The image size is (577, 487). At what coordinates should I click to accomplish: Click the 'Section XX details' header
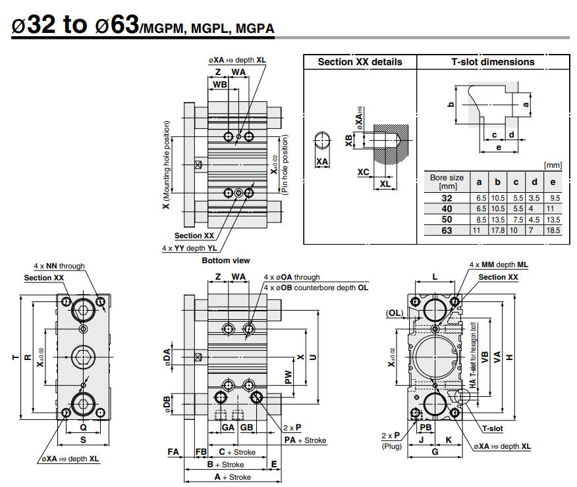pyautogui.click(x=360, y=62)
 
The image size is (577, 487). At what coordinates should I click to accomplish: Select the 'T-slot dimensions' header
pyautogui.click(x=493, y=62)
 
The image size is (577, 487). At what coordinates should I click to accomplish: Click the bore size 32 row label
pyautogui.click(x=447, y=197)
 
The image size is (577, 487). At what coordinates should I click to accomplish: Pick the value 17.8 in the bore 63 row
pyautogui.click(x=498, y=230)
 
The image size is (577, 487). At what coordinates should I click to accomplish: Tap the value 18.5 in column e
pyautogui.click(x=553, y=230)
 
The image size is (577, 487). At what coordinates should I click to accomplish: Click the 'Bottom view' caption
pyautogui.click(x=226, y=261)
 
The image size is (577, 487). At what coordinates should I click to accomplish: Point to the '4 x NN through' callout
pyautogui.click(x=59, y=267)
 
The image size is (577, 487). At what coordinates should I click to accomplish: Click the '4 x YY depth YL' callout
pyautogui.click(x=190, y=248)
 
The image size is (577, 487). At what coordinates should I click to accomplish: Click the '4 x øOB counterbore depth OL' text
pyautogui.click(x=316, y=288)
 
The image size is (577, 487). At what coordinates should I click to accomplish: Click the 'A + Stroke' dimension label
pyautogui.click(x=232, y=477)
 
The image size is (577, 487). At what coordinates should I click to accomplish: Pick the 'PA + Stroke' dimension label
pyautogui.click(x=305, y=440)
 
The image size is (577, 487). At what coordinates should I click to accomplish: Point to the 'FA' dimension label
pyautogui.click(x=173, y=452)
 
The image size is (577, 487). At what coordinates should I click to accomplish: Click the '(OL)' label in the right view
pyautogui.click(x=395, y=313)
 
